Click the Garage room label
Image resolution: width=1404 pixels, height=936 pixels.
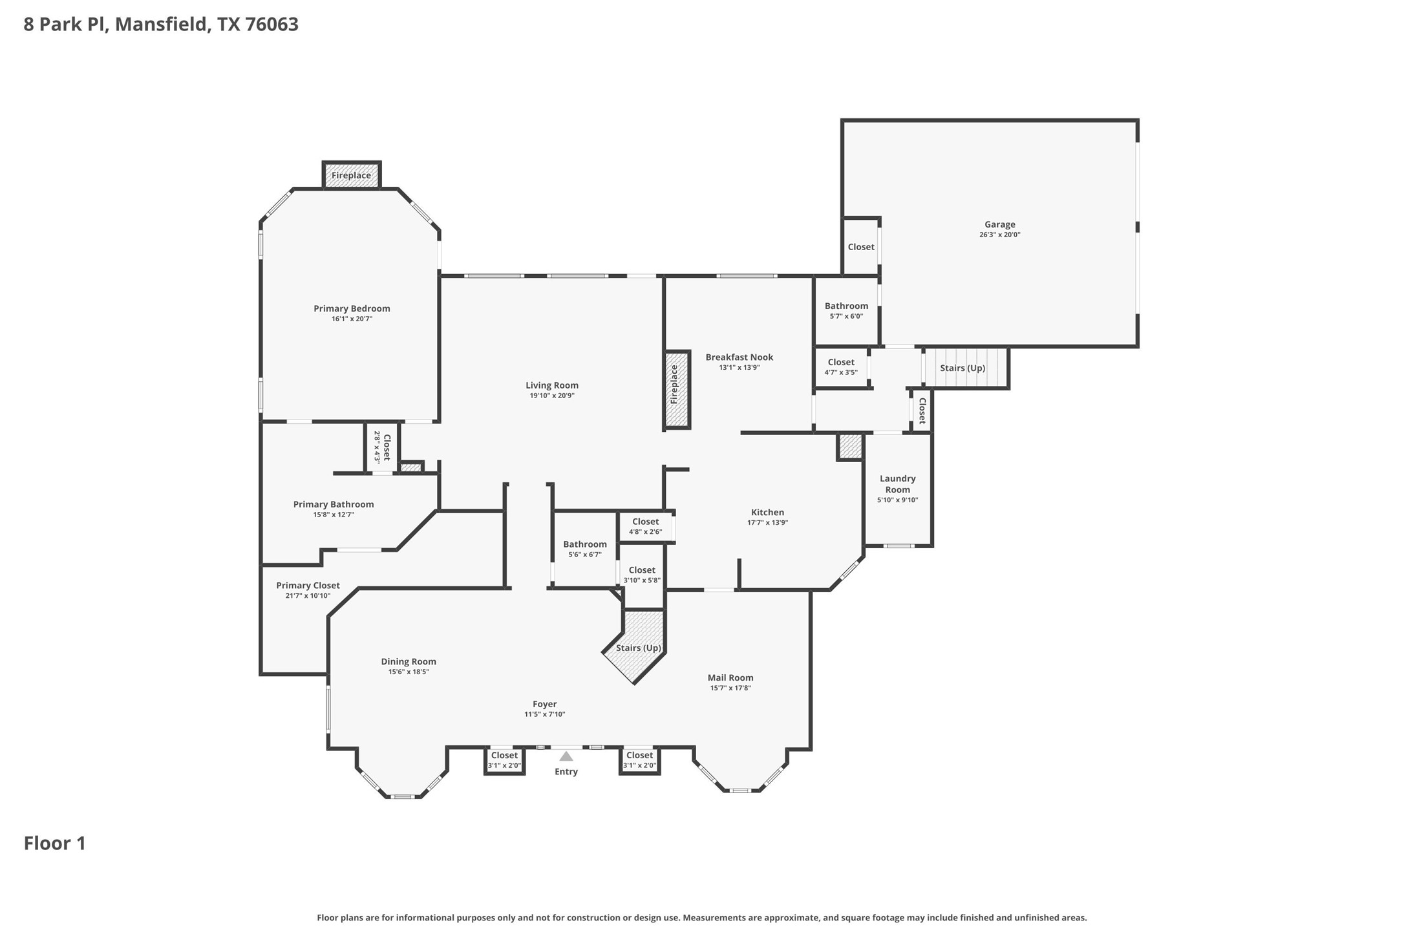point(999,224)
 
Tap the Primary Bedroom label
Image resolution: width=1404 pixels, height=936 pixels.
point(352,308)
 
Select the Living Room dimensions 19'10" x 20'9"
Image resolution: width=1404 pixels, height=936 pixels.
point(552,396)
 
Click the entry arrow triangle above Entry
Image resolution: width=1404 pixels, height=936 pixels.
point(566,756)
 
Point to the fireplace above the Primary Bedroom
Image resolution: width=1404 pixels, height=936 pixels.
point(352,175)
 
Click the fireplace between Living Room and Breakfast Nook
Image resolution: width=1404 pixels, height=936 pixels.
point(677,390)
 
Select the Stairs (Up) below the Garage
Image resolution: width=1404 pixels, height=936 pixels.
point(964,368)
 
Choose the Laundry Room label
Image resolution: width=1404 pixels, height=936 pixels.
point(897,484)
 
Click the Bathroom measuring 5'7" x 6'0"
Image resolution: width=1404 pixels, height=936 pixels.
point(846,310)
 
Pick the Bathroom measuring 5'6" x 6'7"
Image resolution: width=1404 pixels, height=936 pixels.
point(584,549)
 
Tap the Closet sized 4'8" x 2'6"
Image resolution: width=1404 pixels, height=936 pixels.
point(645,526)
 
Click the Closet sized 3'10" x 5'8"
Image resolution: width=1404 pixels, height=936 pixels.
point(642,575)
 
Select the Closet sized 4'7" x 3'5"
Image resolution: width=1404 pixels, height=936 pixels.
point(841,367)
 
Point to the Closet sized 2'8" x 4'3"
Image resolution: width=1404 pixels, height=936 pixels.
point(381,447)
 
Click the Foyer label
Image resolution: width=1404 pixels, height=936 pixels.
point(545,704)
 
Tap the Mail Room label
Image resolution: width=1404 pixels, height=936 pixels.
point(730,677)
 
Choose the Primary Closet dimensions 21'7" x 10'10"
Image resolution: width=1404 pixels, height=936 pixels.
point(308,595)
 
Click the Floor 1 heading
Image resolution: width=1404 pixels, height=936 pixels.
point(55,843)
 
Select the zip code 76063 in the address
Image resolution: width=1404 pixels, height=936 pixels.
point(271,25)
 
